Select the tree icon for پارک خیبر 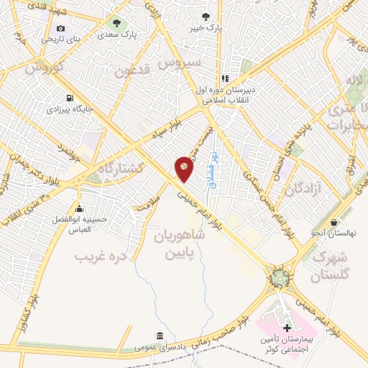[206, 16]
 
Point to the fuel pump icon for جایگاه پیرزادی [69, 98]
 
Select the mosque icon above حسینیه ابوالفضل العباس [78, 208]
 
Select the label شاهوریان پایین [180, 244]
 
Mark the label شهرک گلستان [332, 265]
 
